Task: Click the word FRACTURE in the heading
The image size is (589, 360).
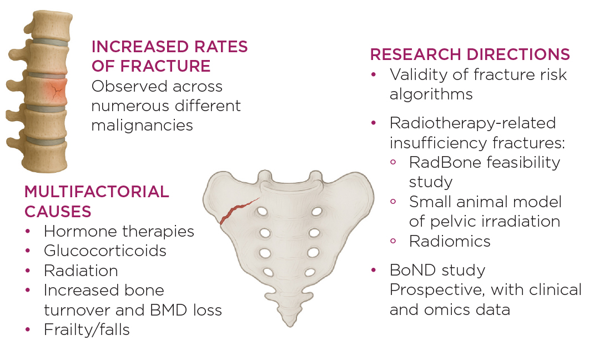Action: coord(165,66)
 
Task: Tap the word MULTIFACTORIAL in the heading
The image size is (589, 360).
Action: coord(97,192)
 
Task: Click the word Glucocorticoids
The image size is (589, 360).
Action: coord(105,251)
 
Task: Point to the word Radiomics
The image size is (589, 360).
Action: coord(450,241)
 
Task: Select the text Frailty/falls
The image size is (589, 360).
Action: coord(87,330)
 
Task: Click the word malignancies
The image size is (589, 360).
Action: coord(142,126)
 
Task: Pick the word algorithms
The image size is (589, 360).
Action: coord(431,94)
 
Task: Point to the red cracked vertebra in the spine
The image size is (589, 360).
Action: coord(47,91)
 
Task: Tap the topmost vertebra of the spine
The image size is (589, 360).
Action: coord(49,25)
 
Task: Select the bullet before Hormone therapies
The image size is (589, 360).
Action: coord(28,231)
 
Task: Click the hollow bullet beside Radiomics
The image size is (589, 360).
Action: coord(393,241)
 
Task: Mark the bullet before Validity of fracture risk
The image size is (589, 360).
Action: coord(374,74)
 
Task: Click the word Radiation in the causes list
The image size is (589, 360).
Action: coord(80,271)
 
